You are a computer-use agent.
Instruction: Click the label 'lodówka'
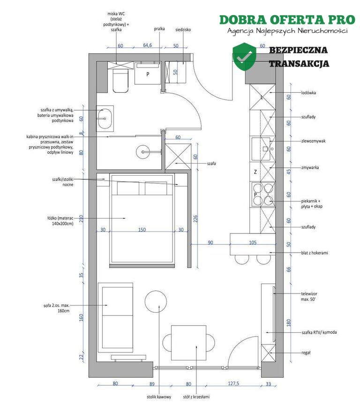[308, 93]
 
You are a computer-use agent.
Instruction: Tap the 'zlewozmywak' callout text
[313, 141]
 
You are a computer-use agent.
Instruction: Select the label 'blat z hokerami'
[315, 253]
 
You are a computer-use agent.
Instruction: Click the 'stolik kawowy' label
[159, 397]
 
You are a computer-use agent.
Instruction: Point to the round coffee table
[156, 301]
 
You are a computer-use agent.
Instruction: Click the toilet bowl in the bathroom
[120, 81]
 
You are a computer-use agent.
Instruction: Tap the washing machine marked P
[148, 73]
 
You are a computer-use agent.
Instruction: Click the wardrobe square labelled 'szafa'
[178, 157]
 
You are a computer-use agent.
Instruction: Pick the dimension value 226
[195, 218]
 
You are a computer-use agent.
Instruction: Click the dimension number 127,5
[233, 383]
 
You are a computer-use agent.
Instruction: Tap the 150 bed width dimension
[142, 230]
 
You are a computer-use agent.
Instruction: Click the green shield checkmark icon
[244, 56]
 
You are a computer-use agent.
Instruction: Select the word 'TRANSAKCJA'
[299, 64]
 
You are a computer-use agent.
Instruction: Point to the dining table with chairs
[189, 343]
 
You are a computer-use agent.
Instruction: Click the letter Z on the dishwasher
[255, 172]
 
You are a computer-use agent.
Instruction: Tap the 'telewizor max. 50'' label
[309, 296]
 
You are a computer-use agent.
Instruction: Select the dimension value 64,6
[148, 45]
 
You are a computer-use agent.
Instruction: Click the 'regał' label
[306, 353]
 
